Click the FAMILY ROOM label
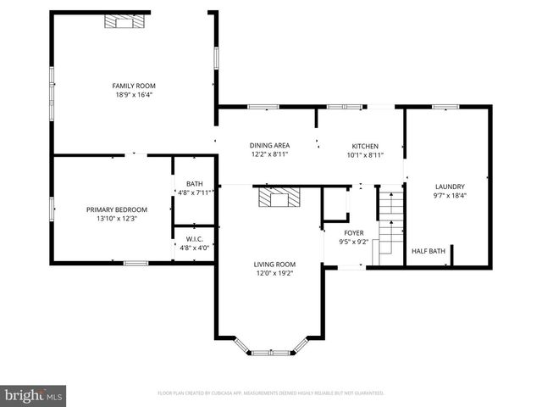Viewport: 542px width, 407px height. [x=135, y=86]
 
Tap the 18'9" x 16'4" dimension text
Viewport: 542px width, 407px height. [x=135, y=95]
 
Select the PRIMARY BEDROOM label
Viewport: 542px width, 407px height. [x=117, y=209]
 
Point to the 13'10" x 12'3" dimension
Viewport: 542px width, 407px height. [x=117, y=219]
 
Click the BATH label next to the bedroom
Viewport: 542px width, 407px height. [x=195, y=184]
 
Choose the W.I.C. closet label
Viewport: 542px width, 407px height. [x=195, y=239]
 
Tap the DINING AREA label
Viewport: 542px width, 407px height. [x=270, y=146]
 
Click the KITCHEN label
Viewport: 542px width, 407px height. [x=365, y=146]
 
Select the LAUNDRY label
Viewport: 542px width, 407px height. [x=450, y=187]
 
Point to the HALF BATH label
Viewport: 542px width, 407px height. [x=429, y=251]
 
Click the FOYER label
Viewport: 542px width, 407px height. [x=354, y=232]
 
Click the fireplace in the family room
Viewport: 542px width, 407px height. [x=126, y=21]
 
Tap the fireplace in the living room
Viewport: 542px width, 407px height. [x=279, y=198]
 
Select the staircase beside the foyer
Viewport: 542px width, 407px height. [x=389, y=222]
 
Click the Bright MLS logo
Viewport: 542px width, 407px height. [x=34, y=395]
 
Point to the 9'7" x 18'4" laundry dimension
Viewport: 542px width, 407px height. [x=450, y=196]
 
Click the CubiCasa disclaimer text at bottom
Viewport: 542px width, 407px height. [x=271, y=393]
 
